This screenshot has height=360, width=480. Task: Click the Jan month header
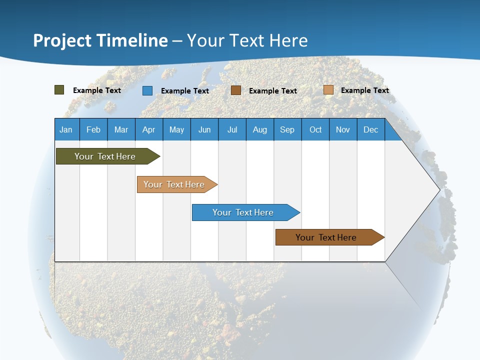tap(66, 129)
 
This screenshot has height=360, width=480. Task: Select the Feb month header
tap(93, 129)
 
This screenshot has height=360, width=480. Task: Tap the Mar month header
tap(121, 129)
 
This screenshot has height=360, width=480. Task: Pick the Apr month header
tap(149, 129)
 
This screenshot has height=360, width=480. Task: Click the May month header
tap(176, 129)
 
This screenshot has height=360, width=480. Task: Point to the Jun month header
tap(204, 129)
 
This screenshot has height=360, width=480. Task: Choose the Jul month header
tap(232, 129)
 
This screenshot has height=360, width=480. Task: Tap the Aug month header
tap(260, 129)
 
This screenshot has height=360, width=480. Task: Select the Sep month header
tap(287, 129)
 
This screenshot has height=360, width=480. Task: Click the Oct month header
tap(315, 129)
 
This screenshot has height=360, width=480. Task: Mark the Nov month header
tap(343, 129)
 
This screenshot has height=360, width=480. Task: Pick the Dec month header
tap(371, 129)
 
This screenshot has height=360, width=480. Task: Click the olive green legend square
tap(59, 90)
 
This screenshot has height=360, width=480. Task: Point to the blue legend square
tap(147, 90)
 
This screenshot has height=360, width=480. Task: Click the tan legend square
tap(328, 90)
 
